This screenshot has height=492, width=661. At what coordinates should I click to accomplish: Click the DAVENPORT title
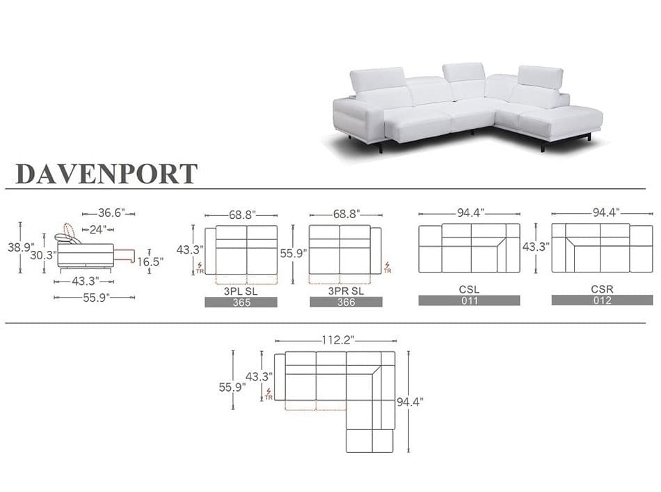(106, 174)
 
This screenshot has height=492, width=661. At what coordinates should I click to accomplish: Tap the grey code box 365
(241, 302)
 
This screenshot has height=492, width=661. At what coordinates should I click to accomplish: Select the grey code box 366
(346, 302)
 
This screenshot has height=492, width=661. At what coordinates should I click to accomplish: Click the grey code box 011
(469, 300)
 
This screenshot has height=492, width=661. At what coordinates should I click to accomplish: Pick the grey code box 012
(602, 300)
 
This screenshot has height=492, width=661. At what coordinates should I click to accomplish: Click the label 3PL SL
(240, 291)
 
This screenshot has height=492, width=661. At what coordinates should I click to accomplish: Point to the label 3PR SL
(346, 291)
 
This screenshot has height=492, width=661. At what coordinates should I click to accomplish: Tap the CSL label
(469, 290)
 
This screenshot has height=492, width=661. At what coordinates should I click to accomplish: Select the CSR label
(602, 289)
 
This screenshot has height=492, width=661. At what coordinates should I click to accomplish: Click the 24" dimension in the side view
(98, 230)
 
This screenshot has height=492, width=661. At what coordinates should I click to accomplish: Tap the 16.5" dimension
(150, 262)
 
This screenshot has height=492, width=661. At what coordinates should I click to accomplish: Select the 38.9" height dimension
(21, 247)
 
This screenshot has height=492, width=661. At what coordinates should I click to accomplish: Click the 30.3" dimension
(43, 255)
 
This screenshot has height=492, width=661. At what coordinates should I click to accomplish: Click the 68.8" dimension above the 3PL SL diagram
(242, 215)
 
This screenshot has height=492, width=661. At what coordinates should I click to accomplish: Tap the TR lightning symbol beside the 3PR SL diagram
(388, 268)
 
